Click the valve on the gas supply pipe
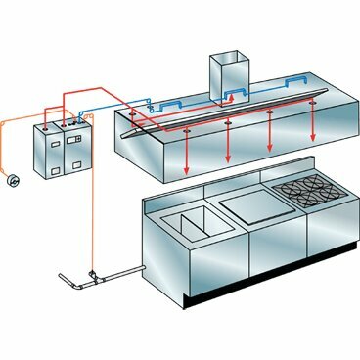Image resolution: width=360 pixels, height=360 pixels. (91, 275)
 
